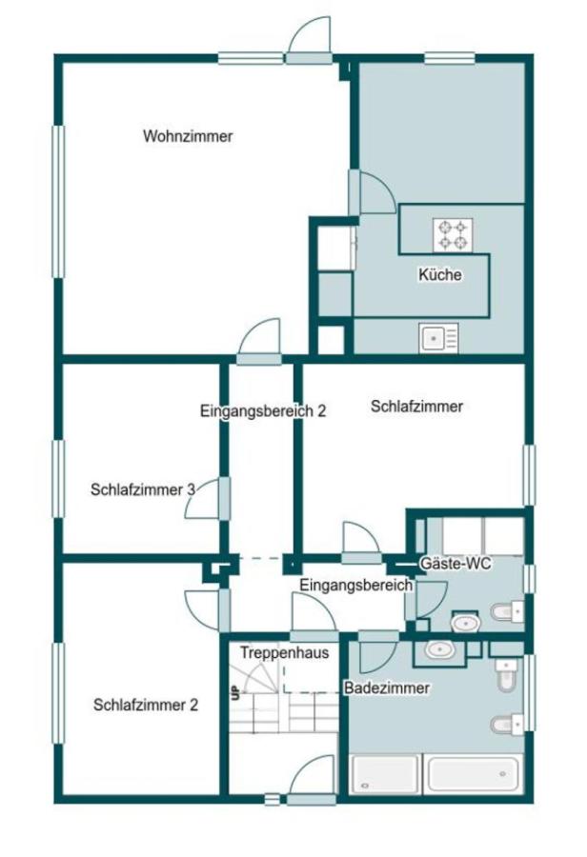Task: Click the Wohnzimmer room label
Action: pos(188,136)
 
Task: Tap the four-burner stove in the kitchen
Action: pos(454,235)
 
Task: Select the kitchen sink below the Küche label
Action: pos(438,337)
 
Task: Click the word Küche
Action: pos(439,275)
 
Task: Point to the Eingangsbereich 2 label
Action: pos(263,411)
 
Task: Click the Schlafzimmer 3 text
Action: pos(143,489)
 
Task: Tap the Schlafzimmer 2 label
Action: pos(146,706)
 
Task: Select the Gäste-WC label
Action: pos(455,564)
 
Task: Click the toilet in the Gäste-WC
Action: pos(505,609)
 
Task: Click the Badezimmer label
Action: pos(387,687)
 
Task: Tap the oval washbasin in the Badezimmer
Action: pos(439,650)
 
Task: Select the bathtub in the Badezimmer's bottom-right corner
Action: pos(473,774)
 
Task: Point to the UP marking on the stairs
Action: pos(233,692)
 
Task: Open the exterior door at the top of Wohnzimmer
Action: pos(309,42)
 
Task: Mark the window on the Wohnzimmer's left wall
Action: pos(58,201)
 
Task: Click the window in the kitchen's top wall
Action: pos(449,58)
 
